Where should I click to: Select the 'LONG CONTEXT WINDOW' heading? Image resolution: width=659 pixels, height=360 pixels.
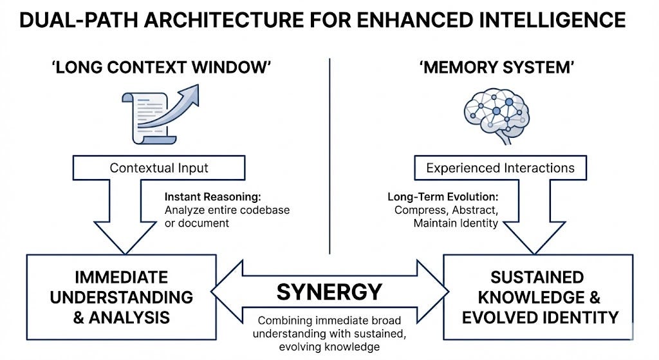point(161,67)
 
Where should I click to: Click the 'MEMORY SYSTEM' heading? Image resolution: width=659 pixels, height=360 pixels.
point(497,67)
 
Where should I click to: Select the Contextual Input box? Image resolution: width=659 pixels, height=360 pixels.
point(159,168)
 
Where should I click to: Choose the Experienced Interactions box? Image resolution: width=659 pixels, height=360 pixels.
point(500,168)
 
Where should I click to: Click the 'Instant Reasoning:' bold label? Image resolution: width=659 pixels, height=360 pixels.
point(212,197)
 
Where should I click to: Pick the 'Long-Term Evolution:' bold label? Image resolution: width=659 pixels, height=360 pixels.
point(443,197)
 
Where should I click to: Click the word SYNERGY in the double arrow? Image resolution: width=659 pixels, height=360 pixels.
point(329,292)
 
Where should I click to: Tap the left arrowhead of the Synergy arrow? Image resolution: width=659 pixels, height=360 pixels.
point(227,292)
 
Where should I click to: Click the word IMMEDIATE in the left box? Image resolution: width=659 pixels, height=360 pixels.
point(122,278)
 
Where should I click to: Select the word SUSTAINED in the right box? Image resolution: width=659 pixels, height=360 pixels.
point(537,278)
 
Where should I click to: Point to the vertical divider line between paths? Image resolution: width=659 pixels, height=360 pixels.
point(330,156)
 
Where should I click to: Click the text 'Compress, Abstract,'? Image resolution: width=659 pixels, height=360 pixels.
point(447,210)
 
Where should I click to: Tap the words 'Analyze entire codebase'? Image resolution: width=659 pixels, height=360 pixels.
point(227,210)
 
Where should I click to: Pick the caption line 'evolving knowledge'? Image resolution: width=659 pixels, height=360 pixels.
point(329,347)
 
